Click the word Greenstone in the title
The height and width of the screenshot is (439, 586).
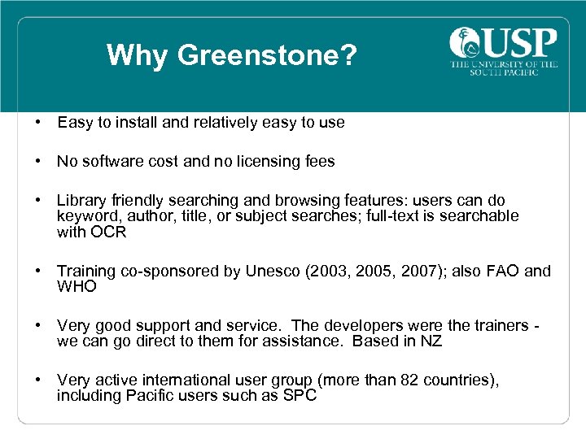click(x=268, y=55)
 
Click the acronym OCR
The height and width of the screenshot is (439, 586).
click(x=108, y=233)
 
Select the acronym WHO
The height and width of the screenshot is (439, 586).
click(x=77, y=287)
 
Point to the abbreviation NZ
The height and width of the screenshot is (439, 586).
click(x=431, y=341)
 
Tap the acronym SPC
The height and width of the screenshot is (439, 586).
click(x=299, y=396)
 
